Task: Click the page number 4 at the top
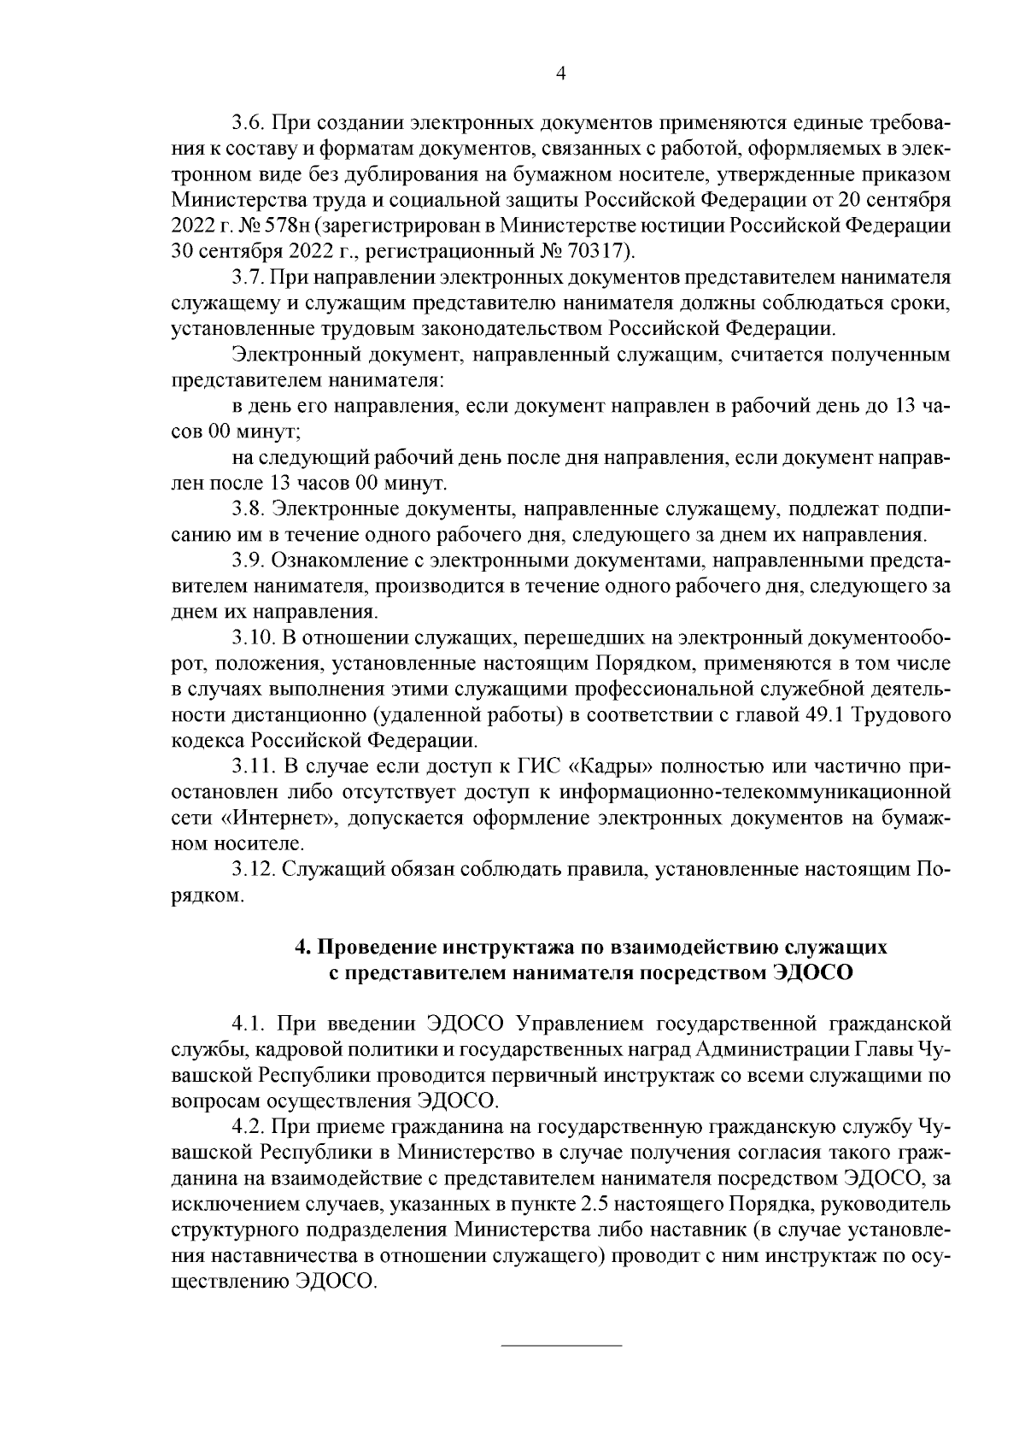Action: [x=561, y=74]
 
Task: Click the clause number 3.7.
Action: [x=249, y=278]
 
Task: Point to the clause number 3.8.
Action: [x=249, y=511]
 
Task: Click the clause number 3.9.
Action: [x=249, y=561]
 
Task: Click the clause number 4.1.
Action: [x=249, y=1023]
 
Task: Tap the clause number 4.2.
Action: [x=249, y=1128]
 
